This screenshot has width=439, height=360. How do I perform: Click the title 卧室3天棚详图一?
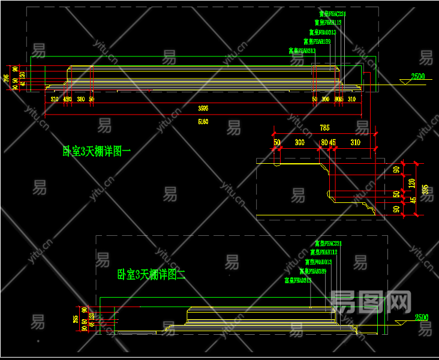pos(97,151)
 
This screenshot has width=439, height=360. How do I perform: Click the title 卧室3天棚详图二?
pos(151,275)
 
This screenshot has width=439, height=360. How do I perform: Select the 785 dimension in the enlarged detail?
pos(324,128)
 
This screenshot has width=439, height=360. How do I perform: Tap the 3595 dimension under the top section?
pos(203,109)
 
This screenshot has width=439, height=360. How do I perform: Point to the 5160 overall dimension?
pos(203,122)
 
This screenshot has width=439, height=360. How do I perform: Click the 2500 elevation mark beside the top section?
pos(417,77)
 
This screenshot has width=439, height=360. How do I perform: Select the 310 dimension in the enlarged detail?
pos(355,143)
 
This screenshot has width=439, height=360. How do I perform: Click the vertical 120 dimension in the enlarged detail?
pos(411,182)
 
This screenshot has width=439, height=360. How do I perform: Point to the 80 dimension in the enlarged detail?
pos(324,143)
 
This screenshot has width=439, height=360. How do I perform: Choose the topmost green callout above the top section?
pos(333,13)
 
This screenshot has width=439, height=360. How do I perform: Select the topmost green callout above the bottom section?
pos(328,244)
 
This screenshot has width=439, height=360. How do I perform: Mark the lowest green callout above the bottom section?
pos(297,280)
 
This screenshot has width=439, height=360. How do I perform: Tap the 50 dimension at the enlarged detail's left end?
pos(277,143)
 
